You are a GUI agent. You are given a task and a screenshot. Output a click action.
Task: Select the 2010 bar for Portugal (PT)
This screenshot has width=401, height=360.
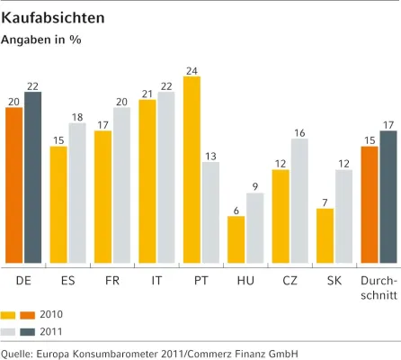click(x=192, y=170)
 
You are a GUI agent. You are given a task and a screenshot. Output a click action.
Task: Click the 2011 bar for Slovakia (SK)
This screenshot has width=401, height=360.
click(x=343, y=217)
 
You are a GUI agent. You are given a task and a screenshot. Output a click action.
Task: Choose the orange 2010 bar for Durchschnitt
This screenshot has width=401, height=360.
click(x=369, y=204)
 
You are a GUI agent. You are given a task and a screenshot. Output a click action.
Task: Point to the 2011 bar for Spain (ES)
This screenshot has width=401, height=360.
click(x=77, y=193)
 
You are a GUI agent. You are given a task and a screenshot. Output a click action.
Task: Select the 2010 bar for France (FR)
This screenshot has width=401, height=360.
click(x=103, y=197)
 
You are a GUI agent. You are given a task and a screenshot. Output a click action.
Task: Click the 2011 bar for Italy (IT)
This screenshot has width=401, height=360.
click(x=165, y=177)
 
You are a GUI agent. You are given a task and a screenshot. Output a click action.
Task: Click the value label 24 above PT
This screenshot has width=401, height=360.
click(x=192, y=69)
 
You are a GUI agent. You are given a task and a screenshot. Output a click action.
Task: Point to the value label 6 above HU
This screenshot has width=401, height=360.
click(x=236, y=209)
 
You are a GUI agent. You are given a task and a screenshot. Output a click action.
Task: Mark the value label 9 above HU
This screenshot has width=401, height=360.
click(x=255, y=186)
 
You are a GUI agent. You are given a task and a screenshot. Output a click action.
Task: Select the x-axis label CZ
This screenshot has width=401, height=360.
click(x=290, y=280)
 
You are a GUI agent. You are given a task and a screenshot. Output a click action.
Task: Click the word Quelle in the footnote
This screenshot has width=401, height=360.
click(x=19, y=353)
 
